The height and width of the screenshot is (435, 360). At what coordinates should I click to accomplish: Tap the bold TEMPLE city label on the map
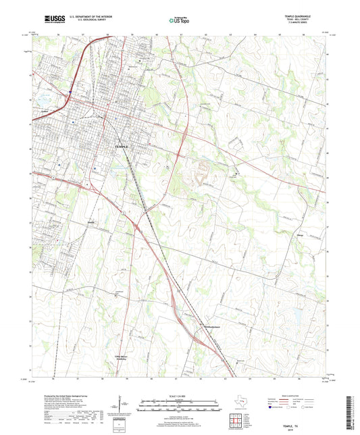[x=122, y=147]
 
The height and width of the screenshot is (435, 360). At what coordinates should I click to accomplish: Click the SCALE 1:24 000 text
[x=179, y=396]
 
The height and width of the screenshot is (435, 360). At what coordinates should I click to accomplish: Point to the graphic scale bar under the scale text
[x=179, y=403]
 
